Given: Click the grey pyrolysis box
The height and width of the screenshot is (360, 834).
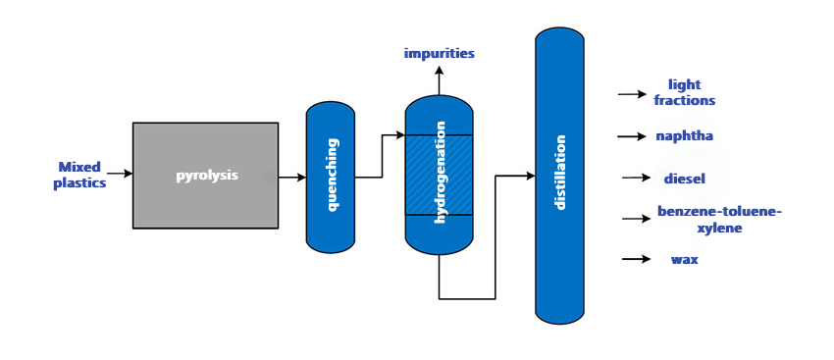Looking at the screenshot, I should point(205,175).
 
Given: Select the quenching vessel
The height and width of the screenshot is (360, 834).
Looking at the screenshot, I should point(331,177).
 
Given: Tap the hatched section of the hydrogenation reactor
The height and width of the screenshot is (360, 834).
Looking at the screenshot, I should point(439,174).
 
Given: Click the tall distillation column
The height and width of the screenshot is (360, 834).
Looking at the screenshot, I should point(560,176).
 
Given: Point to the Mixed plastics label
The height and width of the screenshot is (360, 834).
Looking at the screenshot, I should point(79,175).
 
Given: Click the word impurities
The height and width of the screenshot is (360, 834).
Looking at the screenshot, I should point(439,53).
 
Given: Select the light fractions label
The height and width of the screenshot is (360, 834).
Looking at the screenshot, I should point(685,92).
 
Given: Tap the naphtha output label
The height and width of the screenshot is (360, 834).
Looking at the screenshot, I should point(685,135).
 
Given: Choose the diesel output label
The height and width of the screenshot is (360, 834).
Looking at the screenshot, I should point(685,178).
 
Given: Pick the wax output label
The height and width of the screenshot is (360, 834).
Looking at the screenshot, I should point(684,259).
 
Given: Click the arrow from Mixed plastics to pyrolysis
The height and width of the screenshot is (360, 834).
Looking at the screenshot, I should point(120,174).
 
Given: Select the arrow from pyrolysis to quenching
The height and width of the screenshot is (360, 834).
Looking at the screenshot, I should point(291,178).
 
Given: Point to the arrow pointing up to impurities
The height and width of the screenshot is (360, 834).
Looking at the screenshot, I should point(439,78).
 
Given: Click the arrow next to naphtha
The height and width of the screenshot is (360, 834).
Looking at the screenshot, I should point(632,135).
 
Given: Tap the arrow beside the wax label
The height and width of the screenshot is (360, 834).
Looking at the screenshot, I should point(636,259).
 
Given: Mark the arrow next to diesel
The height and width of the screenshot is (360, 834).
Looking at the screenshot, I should point(637,178).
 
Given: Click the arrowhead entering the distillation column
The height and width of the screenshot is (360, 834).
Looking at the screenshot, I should point(529,177).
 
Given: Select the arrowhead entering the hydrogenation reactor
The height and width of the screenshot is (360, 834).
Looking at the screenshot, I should point(399,134).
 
